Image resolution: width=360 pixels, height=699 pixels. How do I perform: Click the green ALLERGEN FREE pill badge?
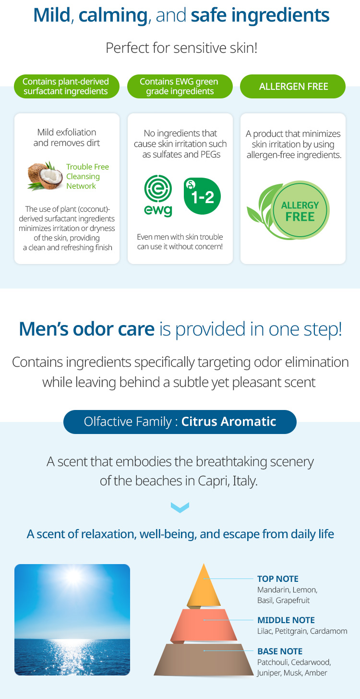(x=293, y=86)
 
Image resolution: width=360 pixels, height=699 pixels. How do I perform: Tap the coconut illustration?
(x=45, y=176)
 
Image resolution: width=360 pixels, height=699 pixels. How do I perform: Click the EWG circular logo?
(x=158, y=196)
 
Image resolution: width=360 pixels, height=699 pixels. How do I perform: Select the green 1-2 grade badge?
(x=202, y=196)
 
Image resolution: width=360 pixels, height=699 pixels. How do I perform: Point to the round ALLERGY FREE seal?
(x=300, y=210)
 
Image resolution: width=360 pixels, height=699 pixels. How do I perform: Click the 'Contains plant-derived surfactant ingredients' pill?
(x=67, y=86)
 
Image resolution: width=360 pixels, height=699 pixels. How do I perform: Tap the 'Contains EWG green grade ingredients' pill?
(x=180, y=86)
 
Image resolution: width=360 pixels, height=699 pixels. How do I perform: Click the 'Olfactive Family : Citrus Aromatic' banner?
(x=180, y=422)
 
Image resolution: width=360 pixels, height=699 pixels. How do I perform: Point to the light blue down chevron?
(x=180, y=507)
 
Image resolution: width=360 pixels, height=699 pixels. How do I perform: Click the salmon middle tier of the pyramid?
(x=204, y=625)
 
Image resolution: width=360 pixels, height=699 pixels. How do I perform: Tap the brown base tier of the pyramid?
(x=204, y=659)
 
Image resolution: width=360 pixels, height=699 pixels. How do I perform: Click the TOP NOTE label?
(x=277, y=579)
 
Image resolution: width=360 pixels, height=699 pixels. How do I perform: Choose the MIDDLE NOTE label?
(x=286, y=620)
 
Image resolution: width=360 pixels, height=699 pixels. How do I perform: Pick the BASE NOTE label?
(x=280, y=651)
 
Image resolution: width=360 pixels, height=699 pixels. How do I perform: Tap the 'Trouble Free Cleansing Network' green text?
(x=87, y=176)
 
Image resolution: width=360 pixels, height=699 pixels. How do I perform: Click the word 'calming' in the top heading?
(x=113, y=15)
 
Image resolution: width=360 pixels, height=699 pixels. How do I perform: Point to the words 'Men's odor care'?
(x=87, y=329)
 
